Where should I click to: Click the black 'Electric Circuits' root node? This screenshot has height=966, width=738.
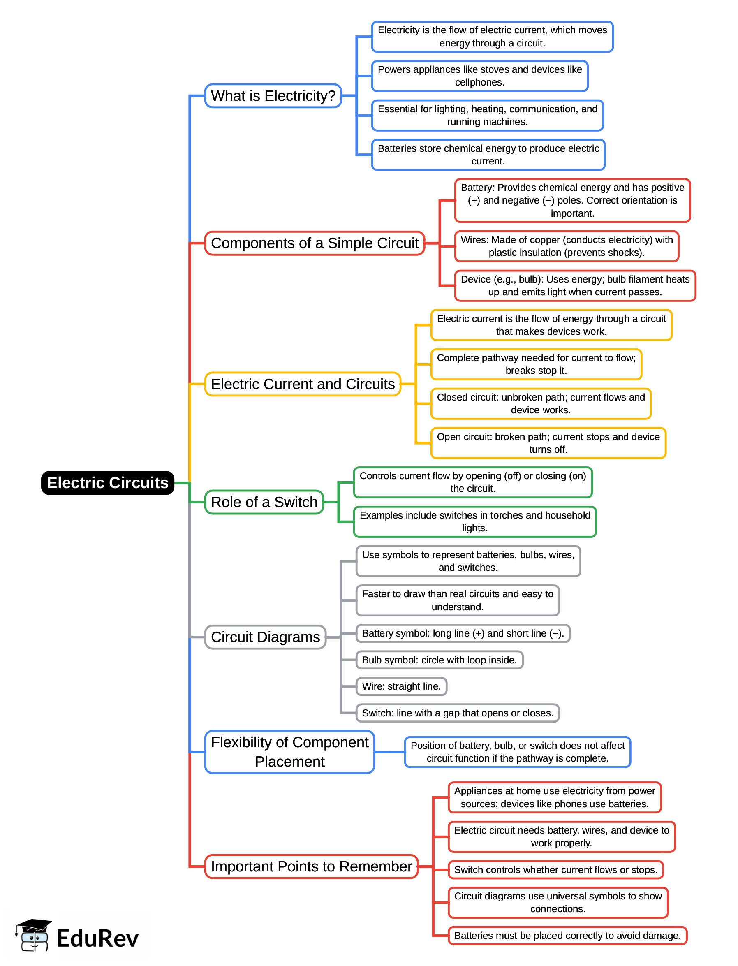[x=108, y=483]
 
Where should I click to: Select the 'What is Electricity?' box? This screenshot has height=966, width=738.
[x=273, y=96]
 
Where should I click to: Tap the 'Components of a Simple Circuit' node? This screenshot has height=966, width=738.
[x=315, y=243]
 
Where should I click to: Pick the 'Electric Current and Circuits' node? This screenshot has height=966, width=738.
[x=303, y=384]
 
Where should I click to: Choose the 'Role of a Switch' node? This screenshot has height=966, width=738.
[x=264, y=502]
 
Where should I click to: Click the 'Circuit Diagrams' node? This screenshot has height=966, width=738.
[x=265, y=637]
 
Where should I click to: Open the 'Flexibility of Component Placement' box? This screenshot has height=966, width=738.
[x=289, y=752]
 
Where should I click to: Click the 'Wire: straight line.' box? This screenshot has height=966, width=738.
[x=401, y=686]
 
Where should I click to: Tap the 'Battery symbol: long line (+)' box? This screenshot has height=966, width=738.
[x=463, y=633]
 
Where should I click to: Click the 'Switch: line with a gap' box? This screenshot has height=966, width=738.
[x=457, y=713]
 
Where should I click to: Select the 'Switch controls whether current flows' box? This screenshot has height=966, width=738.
[x=555, y=870]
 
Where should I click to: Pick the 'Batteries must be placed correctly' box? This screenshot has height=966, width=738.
[x=567, y=935]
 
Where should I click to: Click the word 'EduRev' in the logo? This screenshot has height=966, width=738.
[x=97, y=939]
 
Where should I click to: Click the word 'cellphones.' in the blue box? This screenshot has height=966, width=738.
[x=479, y=83]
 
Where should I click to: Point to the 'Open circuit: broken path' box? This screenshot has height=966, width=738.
[x=548, y=443]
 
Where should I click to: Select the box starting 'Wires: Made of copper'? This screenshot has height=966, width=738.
[x=566, y=246]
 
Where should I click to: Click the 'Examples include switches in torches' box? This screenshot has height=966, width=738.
[x=474, y=521]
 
